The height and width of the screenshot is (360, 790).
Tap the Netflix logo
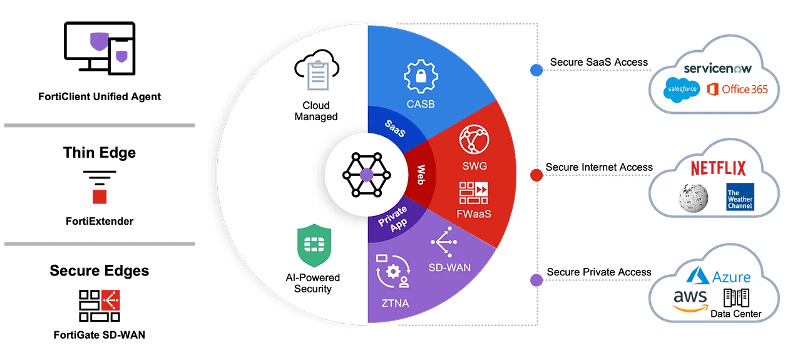(x=718, y=168)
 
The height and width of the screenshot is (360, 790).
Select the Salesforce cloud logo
(x=681, y=90)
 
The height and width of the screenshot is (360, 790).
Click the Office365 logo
(x=736, y=90)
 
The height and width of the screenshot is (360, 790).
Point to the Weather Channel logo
(x=740, y=197)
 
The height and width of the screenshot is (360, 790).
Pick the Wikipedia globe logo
(x=693, y=197)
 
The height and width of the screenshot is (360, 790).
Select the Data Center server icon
(x=736, y=297)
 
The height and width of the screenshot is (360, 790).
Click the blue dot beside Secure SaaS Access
(x=536, y=69)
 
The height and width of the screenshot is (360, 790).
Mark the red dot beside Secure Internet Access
(x=536, y=175)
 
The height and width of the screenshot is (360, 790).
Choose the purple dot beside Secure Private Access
(x=536, y=280)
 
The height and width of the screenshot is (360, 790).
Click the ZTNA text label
(x=394, y=304)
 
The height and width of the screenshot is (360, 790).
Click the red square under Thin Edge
(x=100, y=197)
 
